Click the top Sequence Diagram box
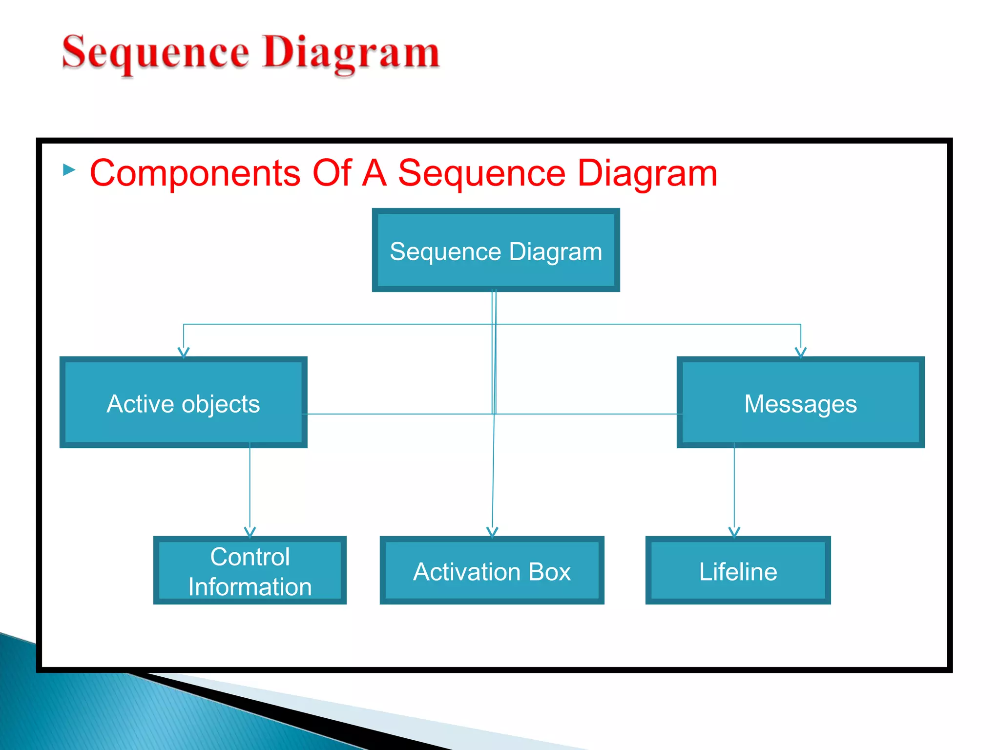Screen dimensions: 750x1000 pos(496,250)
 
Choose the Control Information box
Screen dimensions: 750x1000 pos(250,570)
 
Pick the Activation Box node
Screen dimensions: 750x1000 pos(492,570)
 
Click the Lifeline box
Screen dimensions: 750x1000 pos(738,570)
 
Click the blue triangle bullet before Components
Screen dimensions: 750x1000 pos(69,170)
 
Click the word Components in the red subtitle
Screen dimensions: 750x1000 pos(195,173)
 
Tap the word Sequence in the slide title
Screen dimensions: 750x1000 pos(155,53)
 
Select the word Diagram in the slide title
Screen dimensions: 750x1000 pos(351,53)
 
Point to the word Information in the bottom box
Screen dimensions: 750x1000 pos(250,586)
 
